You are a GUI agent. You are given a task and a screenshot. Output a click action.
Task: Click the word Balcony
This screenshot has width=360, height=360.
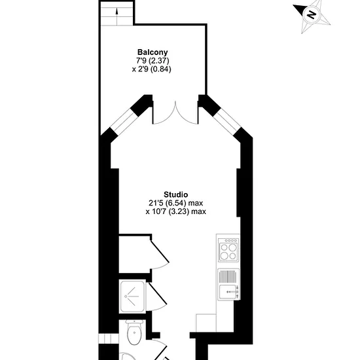pos(153,52)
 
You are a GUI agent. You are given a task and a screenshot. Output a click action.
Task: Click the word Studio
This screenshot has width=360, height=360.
pos(175,194)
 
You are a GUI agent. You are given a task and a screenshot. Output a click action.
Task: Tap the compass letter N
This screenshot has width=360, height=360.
pos(312,15)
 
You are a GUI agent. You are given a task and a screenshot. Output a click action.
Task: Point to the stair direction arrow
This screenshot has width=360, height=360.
pos(117,17)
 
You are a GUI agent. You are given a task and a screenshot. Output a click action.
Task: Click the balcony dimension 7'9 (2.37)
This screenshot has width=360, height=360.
pos(153,61)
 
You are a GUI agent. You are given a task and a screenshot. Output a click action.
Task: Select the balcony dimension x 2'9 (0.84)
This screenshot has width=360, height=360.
pos(152,69)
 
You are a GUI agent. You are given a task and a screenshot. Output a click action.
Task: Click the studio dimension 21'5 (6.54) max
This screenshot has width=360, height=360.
pos(176,203)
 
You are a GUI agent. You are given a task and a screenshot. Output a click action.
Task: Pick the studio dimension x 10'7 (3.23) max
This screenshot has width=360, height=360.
pos(176,211)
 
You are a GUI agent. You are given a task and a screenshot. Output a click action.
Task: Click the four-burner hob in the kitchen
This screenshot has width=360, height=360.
pos(228,250)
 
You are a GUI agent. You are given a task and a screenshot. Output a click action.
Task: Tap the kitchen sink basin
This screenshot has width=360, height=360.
pos(228,291)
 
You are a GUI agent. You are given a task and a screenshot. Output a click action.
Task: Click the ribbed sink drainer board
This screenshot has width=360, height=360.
pos(227,277)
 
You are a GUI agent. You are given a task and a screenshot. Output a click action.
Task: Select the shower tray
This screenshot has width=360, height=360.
pos(132,297)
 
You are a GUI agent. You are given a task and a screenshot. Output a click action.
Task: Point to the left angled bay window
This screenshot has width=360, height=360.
pos(124,121)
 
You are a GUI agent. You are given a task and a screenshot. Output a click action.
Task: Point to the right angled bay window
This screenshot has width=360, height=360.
pos(228,121)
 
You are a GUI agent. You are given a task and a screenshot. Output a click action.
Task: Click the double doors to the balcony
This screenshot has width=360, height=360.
pos(175,113)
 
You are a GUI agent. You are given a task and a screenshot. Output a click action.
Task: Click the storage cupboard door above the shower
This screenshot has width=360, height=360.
pos(160,254)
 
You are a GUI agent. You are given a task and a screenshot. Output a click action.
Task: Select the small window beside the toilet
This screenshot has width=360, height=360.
pos(109,339)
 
